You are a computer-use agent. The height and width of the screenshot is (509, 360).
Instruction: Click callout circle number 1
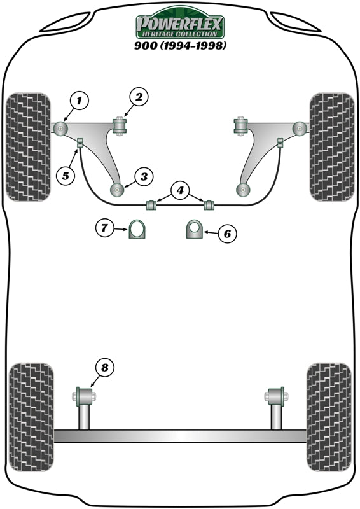78,100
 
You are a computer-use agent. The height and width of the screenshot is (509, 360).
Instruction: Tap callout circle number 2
139,97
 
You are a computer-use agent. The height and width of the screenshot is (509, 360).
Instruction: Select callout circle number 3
143,176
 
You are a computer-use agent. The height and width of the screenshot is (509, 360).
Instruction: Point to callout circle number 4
180,190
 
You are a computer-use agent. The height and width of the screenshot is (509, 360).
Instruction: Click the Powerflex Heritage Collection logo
180,26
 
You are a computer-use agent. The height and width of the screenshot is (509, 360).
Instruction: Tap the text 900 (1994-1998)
180,46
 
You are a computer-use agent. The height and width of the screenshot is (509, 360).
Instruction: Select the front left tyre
29,147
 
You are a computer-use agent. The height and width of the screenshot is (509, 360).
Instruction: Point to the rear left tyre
30,417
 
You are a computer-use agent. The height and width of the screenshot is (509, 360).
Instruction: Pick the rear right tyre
328,417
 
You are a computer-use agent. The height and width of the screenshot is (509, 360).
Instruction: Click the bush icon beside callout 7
137,229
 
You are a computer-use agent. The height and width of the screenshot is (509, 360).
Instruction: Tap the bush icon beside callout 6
195,229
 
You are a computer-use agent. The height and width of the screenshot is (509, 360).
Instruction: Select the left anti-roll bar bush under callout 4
152,205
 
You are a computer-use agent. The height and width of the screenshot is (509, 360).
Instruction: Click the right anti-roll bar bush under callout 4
208,205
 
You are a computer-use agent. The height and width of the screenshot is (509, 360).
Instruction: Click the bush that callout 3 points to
118,189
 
